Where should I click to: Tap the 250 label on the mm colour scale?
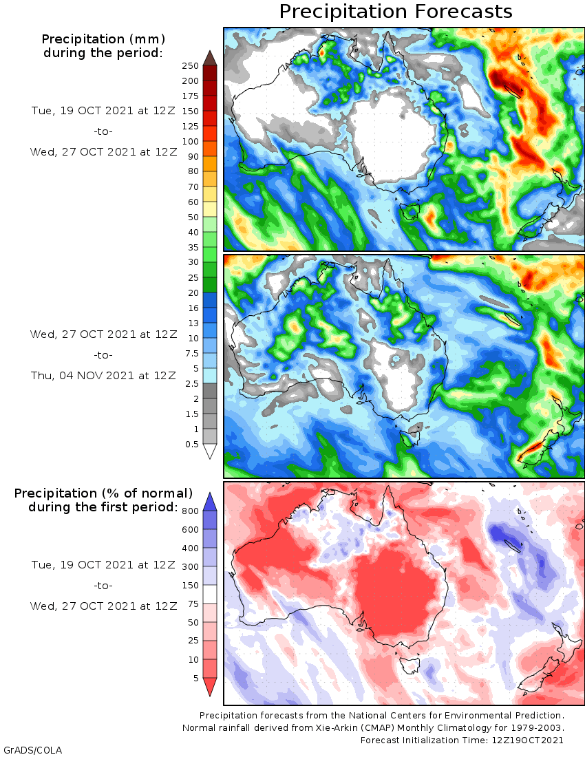[191, 65]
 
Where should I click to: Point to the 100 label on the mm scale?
[191, 141]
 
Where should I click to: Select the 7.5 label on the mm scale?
[191, 353]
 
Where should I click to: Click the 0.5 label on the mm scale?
[193, 444]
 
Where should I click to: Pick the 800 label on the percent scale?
[191, 511]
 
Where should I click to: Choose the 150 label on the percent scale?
[191, 585]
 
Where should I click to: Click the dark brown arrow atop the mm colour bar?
[210, 57]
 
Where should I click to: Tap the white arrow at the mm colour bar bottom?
[210, 451]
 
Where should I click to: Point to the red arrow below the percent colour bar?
[210, 686]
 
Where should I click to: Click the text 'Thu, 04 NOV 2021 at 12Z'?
[103, 375]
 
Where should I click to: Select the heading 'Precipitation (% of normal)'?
[103, 493]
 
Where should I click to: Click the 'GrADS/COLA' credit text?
[32, 749]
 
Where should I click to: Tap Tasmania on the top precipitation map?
[410, 210]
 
